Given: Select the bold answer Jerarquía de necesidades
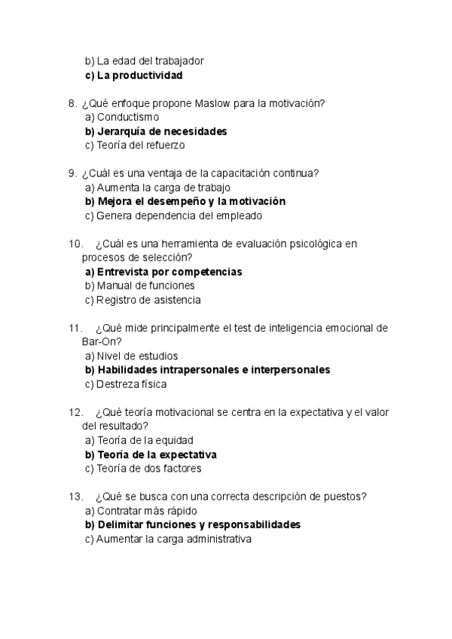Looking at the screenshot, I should point(156,131).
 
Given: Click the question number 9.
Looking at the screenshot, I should point(72,173).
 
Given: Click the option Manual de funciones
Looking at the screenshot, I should point(139,286).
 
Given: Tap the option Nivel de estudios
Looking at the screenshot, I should point(135,356).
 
